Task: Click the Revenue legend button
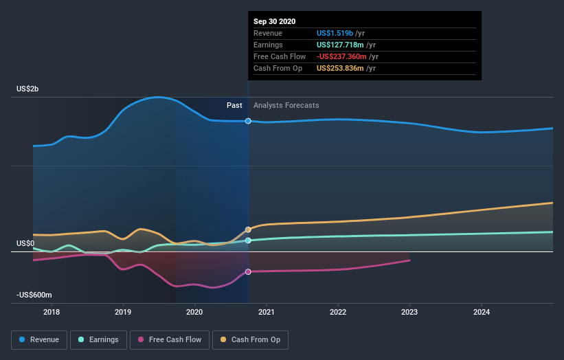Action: [x=39, y=339]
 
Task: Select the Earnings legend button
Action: [x=98, y=339]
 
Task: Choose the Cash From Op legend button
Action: [x=251, y=339]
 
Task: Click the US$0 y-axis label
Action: [x=25, y=243]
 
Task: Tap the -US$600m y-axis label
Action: [x=32, y=295]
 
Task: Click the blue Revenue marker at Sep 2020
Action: [x=248, y=121]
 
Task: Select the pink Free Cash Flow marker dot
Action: [x=248, y=271]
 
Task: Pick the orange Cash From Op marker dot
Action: [x=248, y=229]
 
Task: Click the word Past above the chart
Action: [x=234, y=105]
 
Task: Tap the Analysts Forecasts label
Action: [x=286, y=105]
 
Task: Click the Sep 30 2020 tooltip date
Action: [x=274, y=21]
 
